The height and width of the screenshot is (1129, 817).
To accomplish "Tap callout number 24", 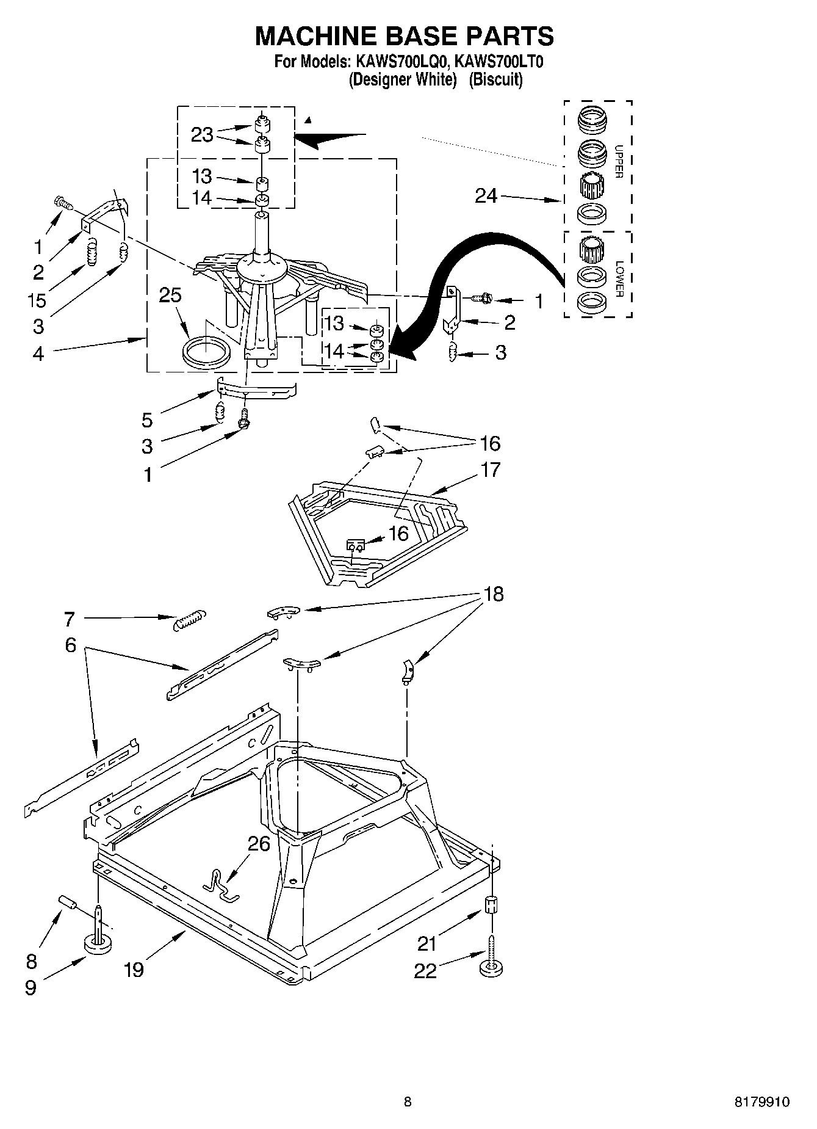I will [x=486, y=196].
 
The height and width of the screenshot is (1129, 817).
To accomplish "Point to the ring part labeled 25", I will [x=206, y=354].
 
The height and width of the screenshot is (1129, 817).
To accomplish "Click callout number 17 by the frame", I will [x=490, y=470].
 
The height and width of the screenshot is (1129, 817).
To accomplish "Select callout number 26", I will [x=259, y=844].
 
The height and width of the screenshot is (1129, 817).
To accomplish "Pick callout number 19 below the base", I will [x=134, y=970].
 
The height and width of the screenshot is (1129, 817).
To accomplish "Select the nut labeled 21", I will [x=492, y=904].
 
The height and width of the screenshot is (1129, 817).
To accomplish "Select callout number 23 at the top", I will [x=202, y=134].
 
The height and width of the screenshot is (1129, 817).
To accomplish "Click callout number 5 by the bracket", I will [x=147, y=419].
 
